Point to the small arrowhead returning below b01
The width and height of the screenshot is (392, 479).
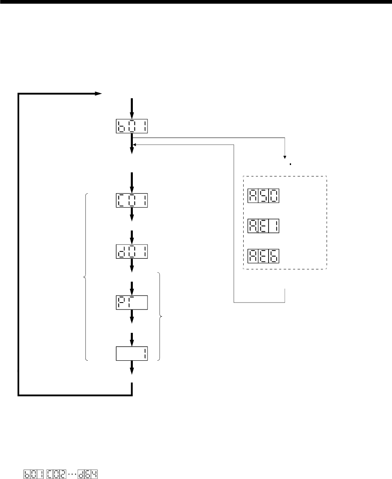tap(136, 144)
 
